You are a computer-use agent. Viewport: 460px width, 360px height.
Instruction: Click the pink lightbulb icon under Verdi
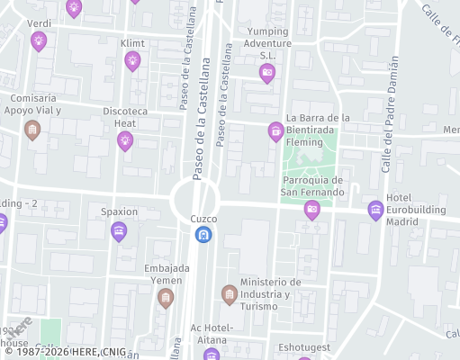pyautogui.click(x=38, y=40)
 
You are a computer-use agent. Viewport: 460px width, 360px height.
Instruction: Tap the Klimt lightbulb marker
pyautogui.click(x=132, y=61)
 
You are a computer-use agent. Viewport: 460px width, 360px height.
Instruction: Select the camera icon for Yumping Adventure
pyautogui.click(x=266, y=73)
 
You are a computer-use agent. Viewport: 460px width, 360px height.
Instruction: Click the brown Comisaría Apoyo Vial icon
pyautogui.click(x=32, y=130)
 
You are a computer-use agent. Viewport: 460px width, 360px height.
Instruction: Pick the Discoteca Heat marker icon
pyautogui.click(x=125, y=139)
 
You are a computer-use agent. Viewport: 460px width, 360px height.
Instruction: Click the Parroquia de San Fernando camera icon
pyautogui.click(x=311, y=211)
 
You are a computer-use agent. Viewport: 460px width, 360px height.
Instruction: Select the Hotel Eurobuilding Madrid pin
pyautogui.click(x=375, y=211)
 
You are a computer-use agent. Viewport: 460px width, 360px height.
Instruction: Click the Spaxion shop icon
pyautogui.click(x=118, y=232)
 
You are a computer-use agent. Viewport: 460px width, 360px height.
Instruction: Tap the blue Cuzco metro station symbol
pyautogui.click(x=203, y=235)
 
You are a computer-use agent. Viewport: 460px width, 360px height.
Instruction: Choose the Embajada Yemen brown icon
pyautogui.click(x=165, y=298)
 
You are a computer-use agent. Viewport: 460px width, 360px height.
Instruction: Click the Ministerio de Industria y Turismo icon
pyautogui.click(x=230, y=294)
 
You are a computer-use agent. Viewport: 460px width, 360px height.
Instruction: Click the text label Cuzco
pyautogui.click(x=203, y=219)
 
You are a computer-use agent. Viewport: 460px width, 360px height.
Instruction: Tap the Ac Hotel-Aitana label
pyautogui.click(x=212, y=332)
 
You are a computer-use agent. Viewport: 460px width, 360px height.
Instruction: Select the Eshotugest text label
pyautogui.click(x=304, y=346)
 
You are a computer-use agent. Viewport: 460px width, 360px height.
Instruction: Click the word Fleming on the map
pyautogui.click(x=304, y=141)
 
